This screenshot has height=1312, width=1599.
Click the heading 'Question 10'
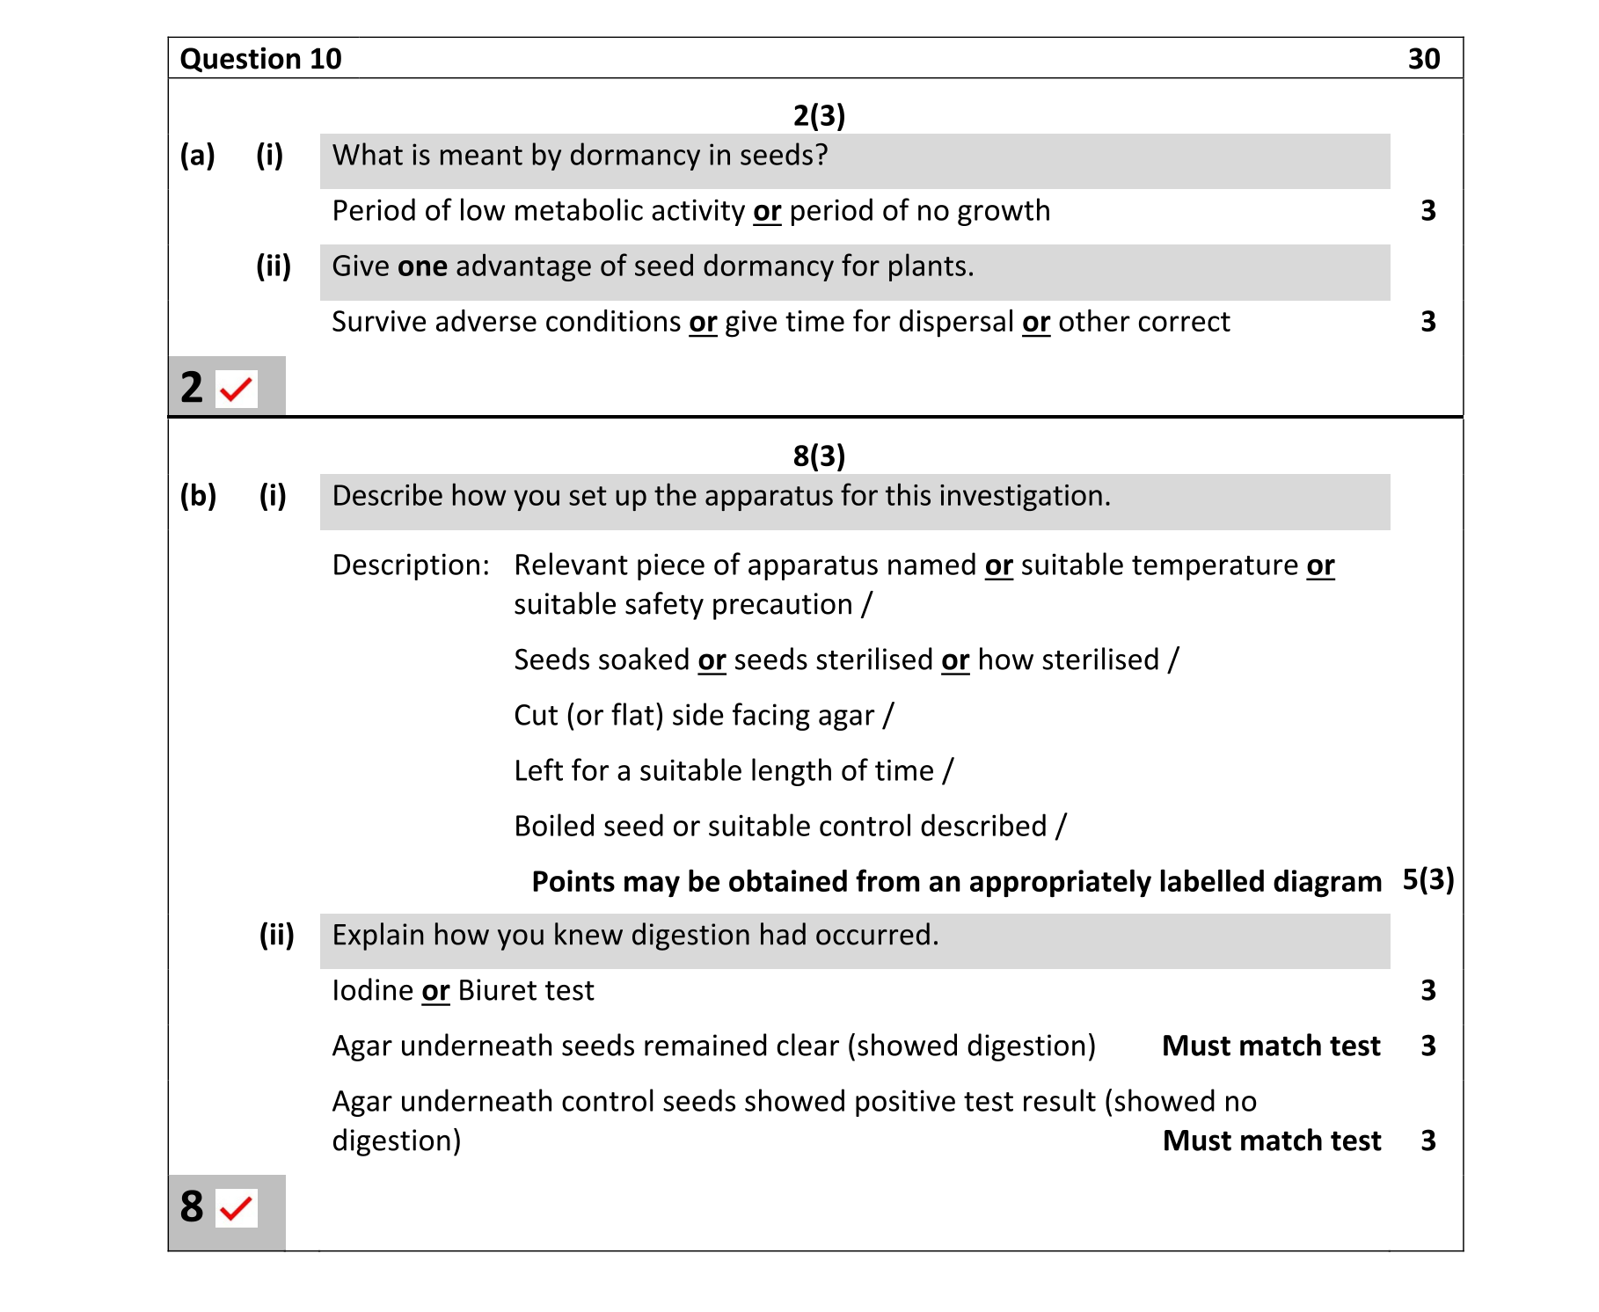(x=260, y=59)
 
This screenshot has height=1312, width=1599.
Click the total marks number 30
(x=1423, y=59)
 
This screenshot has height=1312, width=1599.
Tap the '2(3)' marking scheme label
(x=818, y=115)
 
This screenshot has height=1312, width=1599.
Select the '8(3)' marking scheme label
(x=818, y=456)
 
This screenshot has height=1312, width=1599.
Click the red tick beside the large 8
(x=237, y=1208)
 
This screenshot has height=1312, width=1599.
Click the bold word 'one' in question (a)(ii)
(x=422, y=266)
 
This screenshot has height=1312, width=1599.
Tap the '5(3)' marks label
(x=1427, y=879)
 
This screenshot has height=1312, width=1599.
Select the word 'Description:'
(x=411, y=565)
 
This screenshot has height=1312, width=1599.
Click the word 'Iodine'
(x=373, y=991)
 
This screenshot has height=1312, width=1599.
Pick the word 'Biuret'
(x=496, y=991)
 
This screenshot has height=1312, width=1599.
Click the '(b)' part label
(x=198, y=496)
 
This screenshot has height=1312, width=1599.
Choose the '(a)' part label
(x=198, y=156)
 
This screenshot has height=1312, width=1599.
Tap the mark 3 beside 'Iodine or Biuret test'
(x=1427, y=991)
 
